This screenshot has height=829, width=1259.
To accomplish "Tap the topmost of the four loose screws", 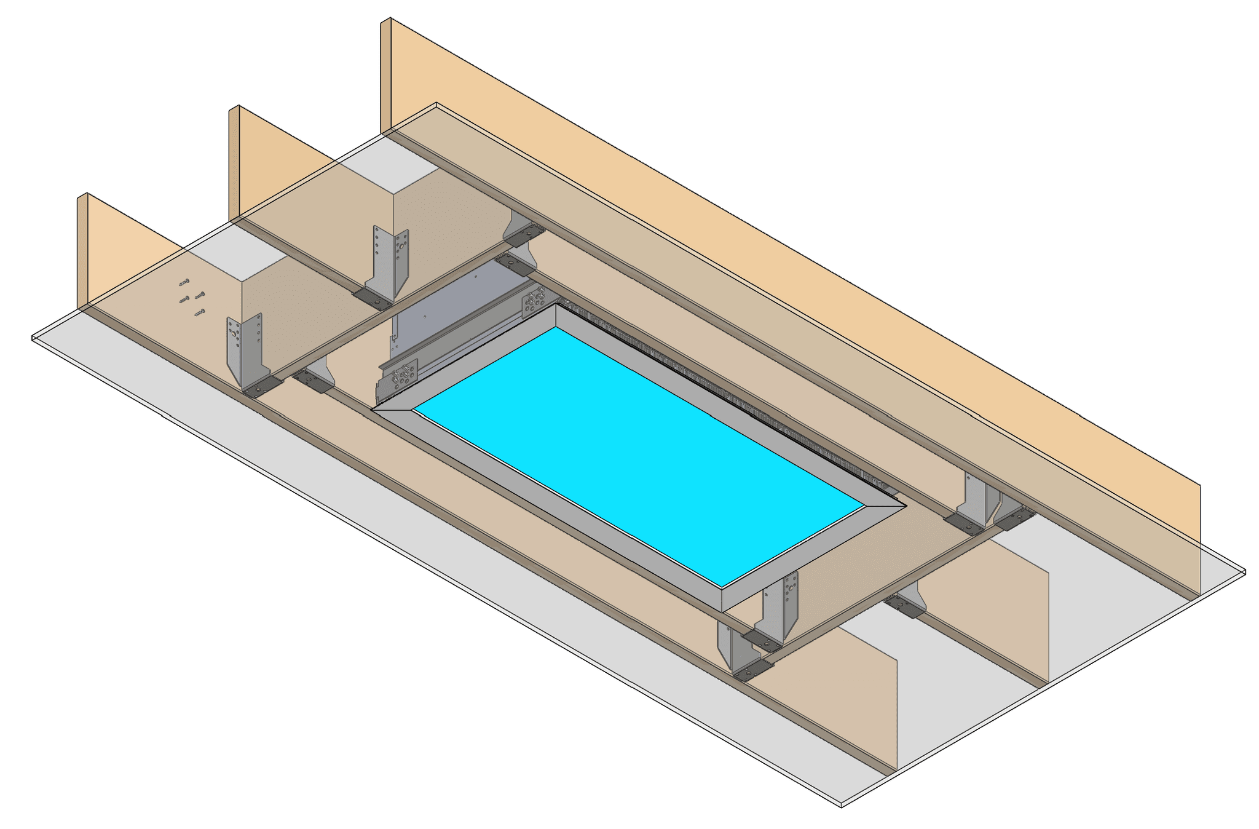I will (x=184, y=283).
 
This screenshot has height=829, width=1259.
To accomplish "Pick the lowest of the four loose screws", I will (x=199, y=313).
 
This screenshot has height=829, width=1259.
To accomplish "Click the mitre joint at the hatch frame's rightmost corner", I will (x=885, y=506).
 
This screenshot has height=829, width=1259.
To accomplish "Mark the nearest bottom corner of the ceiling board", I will (x=840, y=804).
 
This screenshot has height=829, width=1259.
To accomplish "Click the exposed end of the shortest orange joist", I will (x=82, y=252).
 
